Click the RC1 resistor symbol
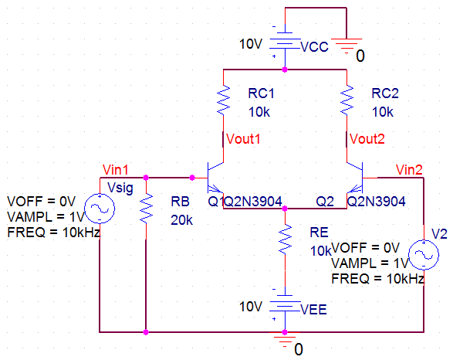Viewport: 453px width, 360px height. point(223,100)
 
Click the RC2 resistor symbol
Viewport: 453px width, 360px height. point(347,100)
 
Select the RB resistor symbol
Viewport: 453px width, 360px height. point(146,208)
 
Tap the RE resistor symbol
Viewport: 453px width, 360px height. point(285,239)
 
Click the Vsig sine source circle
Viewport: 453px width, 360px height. point(100,208)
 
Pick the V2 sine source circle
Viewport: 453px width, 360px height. point(424,255)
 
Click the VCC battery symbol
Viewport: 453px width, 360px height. point(285,44)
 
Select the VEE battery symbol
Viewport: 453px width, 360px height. point(285,306)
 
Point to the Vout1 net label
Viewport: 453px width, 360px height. point(243,139)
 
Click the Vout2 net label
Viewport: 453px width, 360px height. point(367,139)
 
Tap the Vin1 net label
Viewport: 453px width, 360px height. point(115,170)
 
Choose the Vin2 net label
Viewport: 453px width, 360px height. point(409,170)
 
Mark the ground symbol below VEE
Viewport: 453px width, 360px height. point(285,340)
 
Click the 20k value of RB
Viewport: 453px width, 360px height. point(181,220)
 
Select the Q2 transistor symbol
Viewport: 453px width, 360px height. point(355,178)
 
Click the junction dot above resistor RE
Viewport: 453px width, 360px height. point(285,209)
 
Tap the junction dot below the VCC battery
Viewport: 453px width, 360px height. point(285,70)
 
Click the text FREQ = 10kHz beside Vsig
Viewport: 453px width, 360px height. point(54,233)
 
